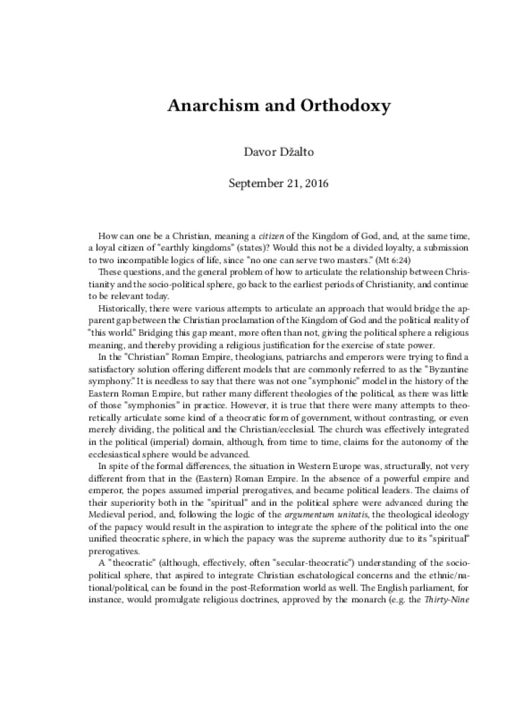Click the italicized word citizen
(x=258, y=237)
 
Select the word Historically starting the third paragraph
(x=125, y=312)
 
